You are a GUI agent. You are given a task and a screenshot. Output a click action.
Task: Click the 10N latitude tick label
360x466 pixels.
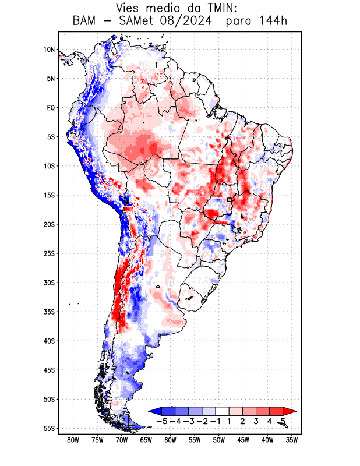50,50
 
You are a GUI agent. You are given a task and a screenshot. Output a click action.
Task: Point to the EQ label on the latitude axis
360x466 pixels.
51,108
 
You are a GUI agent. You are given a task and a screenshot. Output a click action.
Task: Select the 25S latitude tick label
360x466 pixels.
50,253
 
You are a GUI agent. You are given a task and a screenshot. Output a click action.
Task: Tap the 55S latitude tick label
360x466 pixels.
50,428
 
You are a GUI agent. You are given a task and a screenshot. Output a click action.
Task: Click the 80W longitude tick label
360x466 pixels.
73,440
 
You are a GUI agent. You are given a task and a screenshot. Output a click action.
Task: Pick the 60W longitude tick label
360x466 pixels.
170,440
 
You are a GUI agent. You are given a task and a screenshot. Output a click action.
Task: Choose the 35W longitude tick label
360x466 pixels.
292,440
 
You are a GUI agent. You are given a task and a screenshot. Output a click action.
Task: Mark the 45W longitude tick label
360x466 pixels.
243,440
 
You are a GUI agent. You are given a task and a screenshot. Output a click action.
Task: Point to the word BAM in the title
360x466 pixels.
85,22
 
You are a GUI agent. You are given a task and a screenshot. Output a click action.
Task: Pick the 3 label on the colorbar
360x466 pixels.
256,421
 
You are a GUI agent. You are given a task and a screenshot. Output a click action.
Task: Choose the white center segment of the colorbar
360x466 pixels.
223,411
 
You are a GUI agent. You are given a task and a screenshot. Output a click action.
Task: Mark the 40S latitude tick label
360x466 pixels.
50,341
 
